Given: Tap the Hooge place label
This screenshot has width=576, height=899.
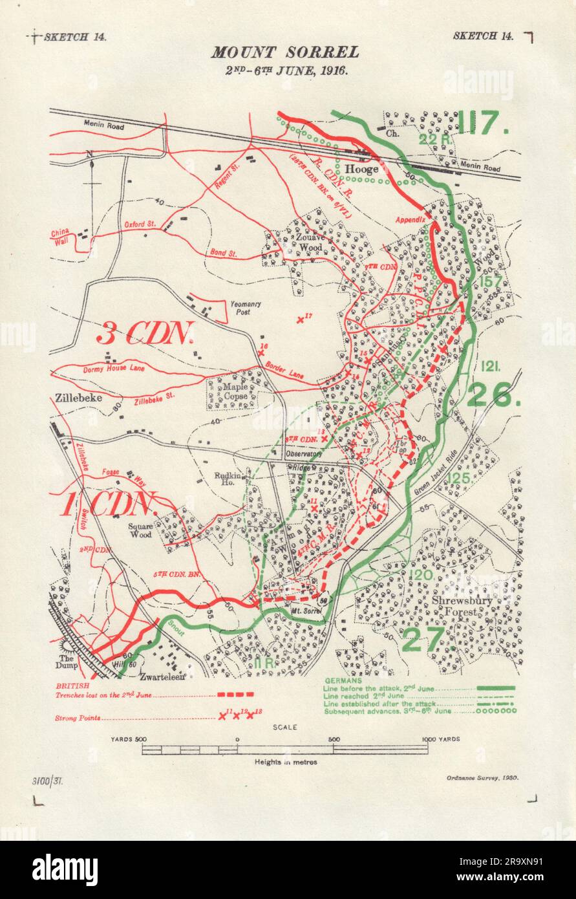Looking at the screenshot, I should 361,169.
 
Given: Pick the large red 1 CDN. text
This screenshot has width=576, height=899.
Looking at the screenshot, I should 107,505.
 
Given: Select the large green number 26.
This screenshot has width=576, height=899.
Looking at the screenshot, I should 494,395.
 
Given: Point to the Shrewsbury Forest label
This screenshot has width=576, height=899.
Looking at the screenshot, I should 462,605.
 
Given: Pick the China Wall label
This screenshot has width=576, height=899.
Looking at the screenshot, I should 61,236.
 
